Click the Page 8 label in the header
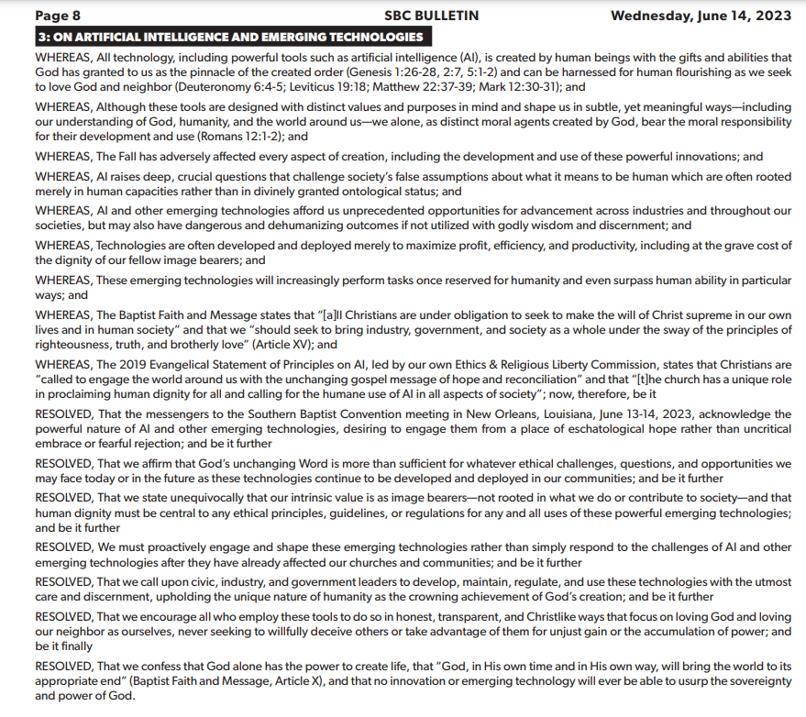[x=58, y=15]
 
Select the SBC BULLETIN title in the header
[x=431, y=15]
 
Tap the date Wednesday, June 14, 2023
[x=701, y=15]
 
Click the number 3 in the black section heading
[x=42, y=37]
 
